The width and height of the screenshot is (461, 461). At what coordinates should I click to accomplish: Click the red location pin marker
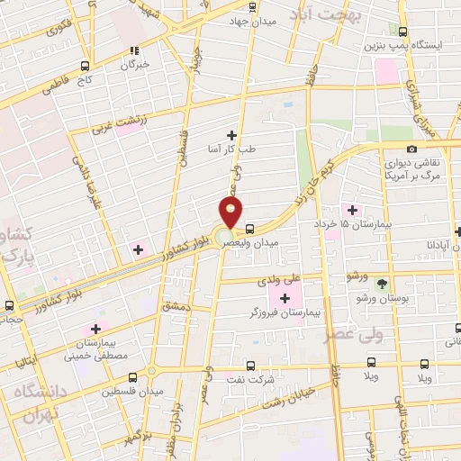[230, 213]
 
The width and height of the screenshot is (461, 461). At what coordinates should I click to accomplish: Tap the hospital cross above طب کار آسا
[232, 134]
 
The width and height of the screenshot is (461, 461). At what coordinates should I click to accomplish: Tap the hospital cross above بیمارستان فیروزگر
[285, 298]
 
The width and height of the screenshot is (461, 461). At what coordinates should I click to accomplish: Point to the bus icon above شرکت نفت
[251, 366]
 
